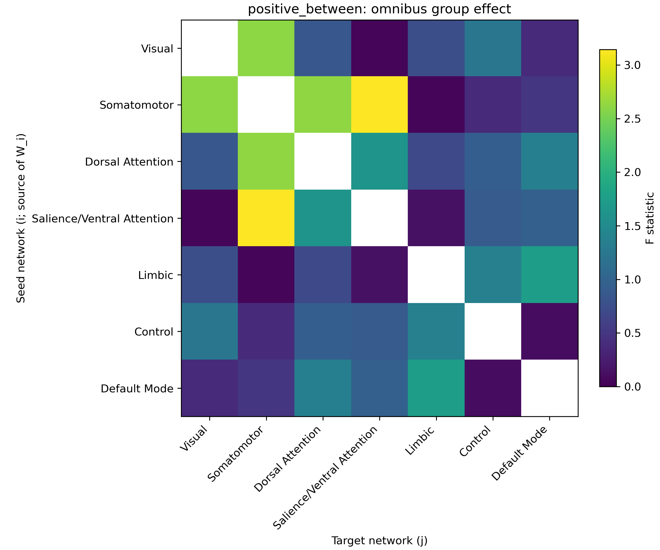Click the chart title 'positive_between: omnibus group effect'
point(379,9)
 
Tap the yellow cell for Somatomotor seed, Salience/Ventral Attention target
point(379,105)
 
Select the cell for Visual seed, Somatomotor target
point(266,48)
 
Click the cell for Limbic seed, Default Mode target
point(550,275)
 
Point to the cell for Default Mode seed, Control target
point(493,388)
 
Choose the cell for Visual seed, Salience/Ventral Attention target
point(379,48)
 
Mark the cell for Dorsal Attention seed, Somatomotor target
point(266,161)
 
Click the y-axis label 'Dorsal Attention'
point(129,162)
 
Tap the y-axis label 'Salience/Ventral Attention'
point(103,218)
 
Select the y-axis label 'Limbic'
point(156,275)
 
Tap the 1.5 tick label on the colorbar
point(632,226)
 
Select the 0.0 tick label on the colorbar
point(632,386)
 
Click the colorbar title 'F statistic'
point(650,218)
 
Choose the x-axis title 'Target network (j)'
point(379,540)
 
